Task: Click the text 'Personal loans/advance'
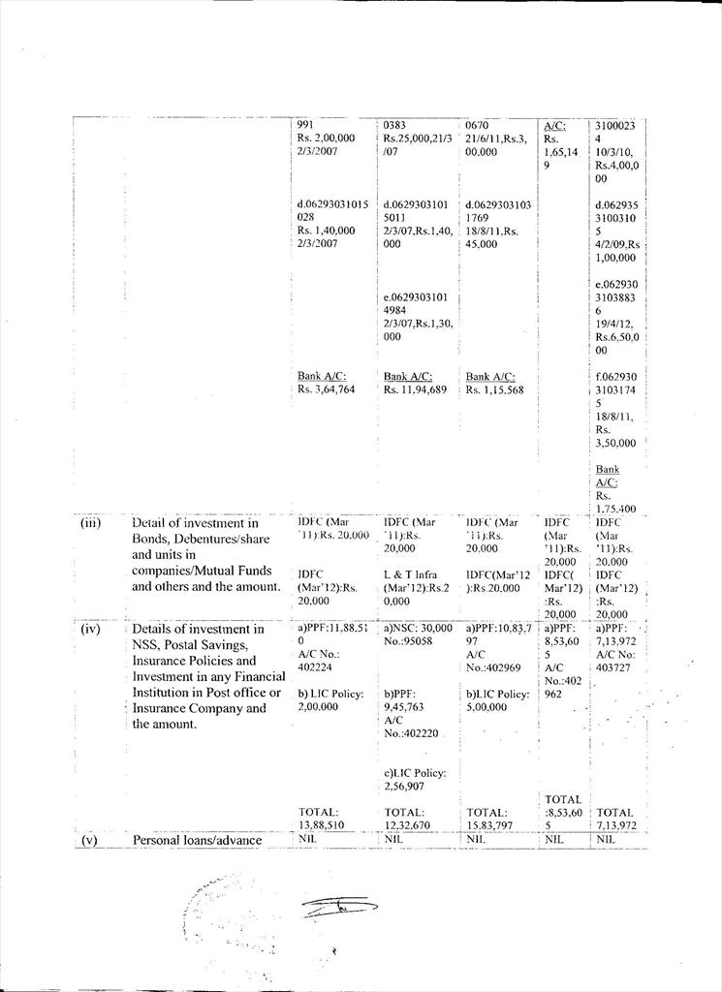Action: click(197, 840)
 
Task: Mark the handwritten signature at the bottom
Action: click(338, 908)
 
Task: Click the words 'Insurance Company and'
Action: click(199, 708)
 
